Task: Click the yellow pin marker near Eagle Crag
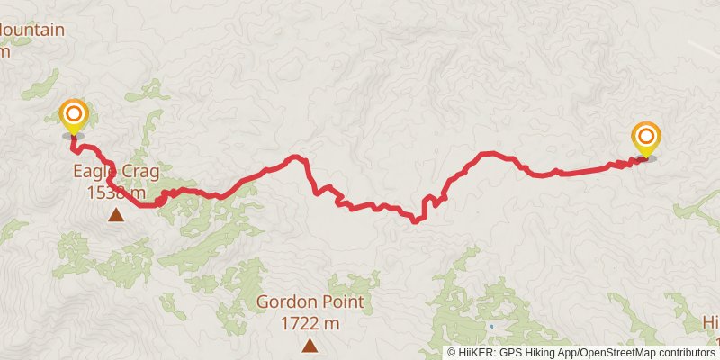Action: click(x=73, y=116)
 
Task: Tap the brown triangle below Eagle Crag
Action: click(x=116, y=214)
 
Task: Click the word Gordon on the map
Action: click(x=284, y=301)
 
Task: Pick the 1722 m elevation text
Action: click(x=310, y=322)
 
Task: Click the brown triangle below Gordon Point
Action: click(x=310, y=345)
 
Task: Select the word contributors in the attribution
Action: click(x=686, y=353)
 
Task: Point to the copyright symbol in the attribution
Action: click(x=453, y=353)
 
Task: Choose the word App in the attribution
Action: click(x=571, y=353)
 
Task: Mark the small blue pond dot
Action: click(x=491, y=325)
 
